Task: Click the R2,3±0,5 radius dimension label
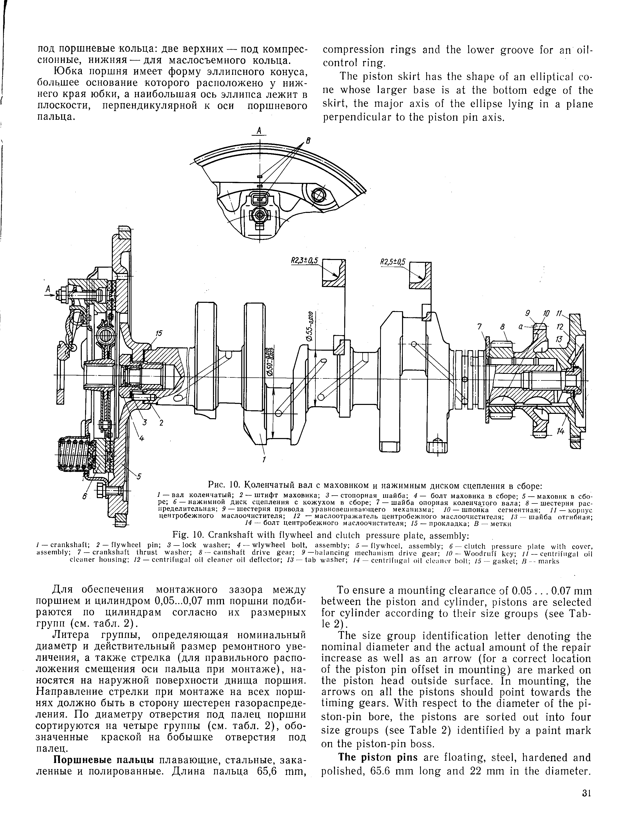pyautogui.click(x=305, y=261)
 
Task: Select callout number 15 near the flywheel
pyautogui.click(x=159, y=333)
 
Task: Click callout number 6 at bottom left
pyautogui.click(x=85, y=497)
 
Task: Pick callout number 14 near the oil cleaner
pyautogui.click(x=561, y=432)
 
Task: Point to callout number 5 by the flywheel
pyautogui.click(x=139, y=477)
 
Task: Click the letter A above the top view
pyautogui.click(x=259, y=130)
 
